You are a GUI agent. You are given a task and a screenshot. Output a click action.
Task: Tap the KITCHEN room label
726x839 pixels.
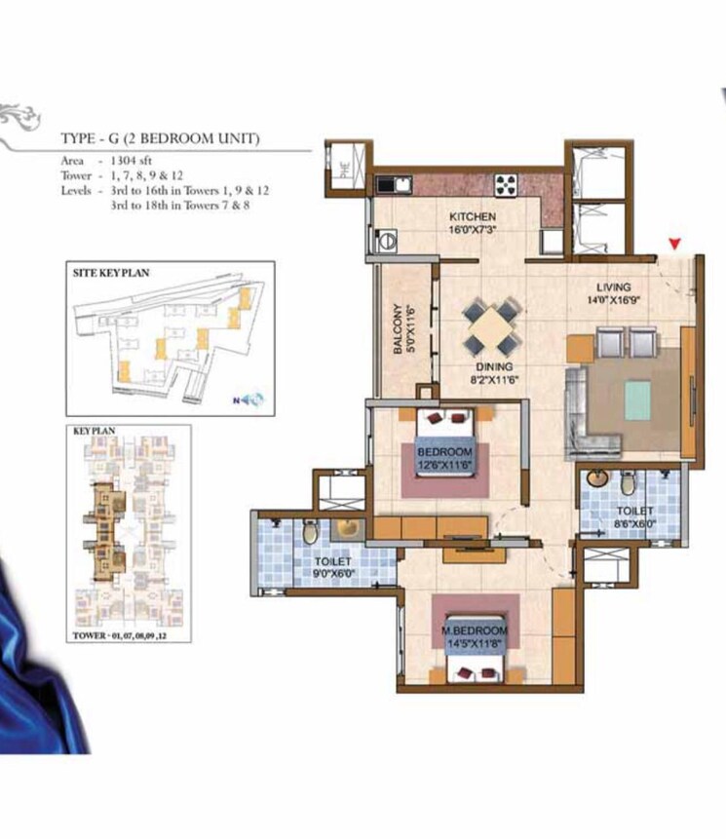[473, 216]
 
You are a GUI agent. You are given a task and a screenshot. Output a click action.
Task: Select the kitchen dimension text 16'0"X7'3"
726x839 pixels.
[473, 231]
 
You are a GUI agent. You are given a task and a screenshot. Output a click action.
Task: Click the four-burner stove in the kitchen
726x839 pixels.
[508, 183]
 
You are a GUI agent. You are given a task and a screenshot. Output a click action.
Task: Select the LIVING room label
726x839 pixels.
[615, 287]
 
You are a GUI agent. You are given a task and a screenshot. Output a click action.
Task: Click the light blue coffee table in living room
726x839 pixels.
[637, 400]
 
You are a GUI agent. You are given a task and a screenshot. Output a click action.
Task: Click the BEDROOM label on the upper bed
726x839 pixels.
[445, 453]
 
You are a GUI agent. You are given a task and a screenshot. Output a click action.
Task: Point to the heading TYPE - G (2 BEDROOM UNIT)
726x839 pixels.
[160, 139]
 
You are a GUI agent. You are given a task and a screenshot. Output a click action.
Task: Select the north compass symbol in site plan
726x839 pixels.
[250, 398]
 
